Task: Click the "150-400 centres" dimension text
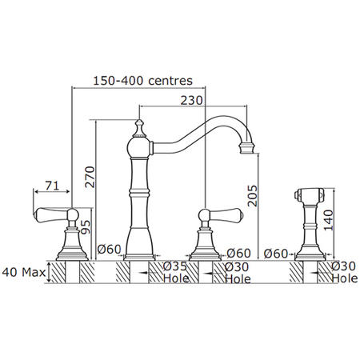(x=142, y=81)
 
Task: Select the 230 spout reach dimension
(x=192, y=101)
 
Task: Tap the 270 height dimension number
(x=90, y=177)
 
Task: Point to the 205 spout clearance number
(x=252, y=196)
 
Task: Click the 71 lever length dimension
(x=52, y=186)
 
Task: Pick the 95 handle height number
(x=86, y=227)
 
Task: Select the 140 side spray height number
(x=329, y=220)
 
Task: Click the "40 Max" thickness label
(x=24, y=272)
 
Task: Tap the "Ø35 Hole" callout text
(x=176, y=273)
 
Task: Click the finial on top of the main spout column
(x=139, y=129)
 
